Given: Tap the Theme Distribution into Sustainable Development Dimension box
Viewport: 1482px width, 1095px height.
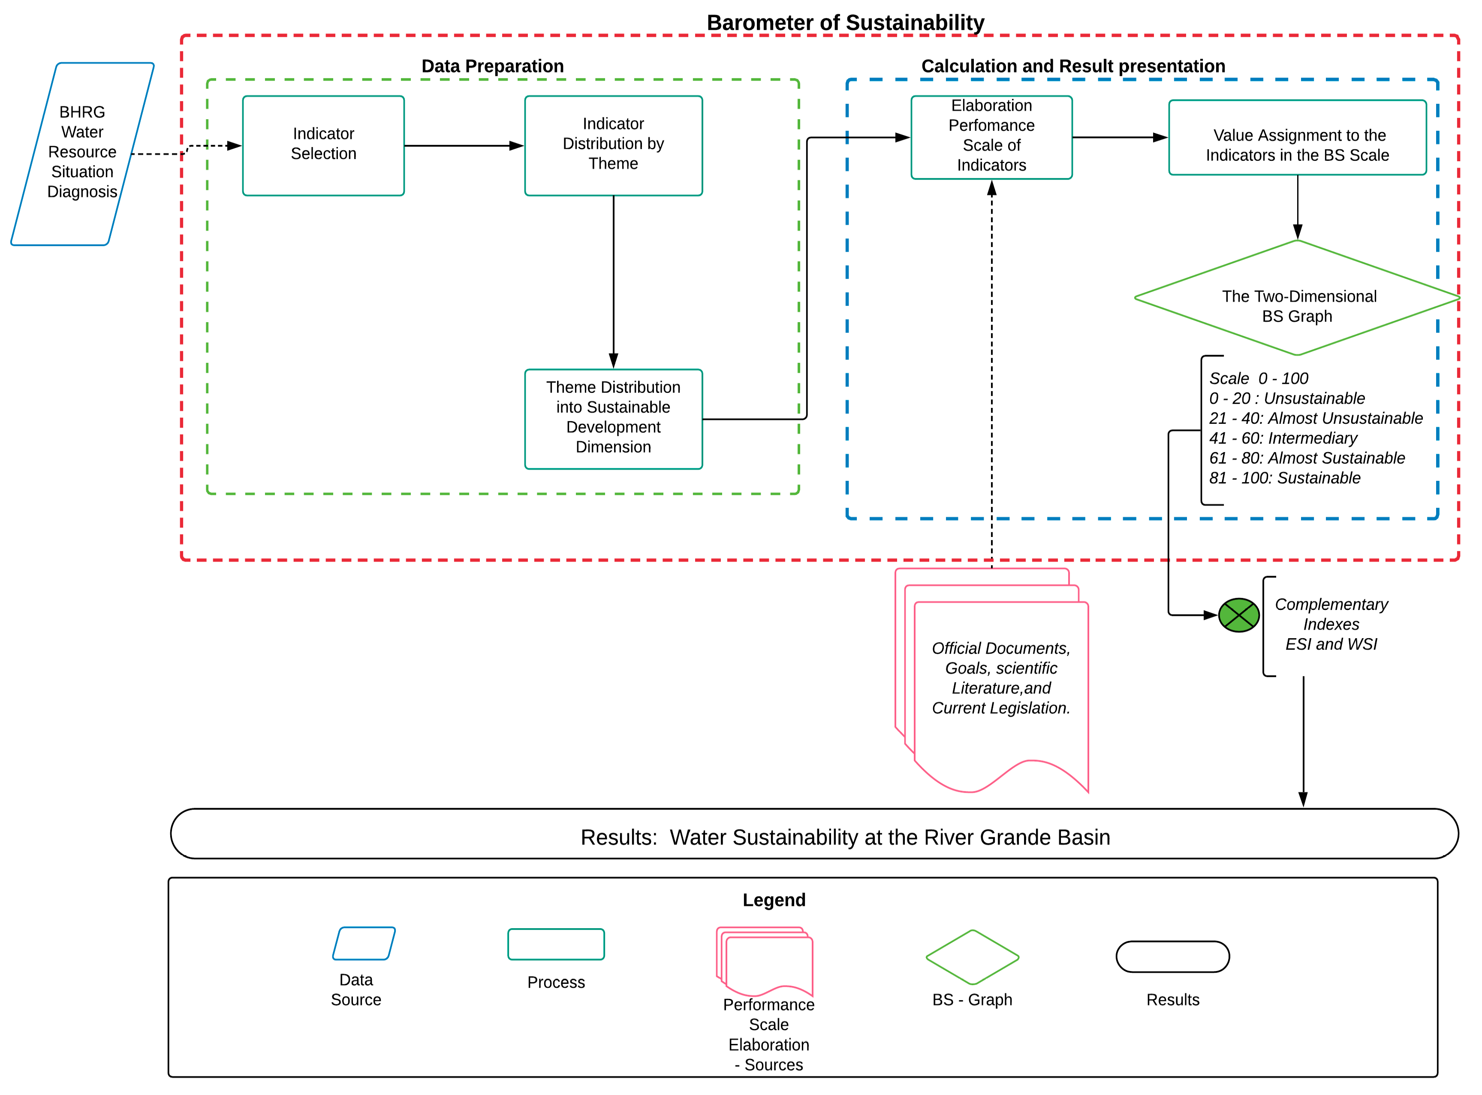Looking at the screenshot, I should pyautogui.click(x=613, y=419).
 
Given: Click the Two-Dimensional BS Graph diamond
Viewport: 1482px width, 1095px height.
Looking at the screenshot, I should pyautogui.click(x=1297, y=298).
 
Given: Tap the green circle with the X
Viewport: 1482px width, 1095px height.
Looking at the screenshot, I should pyautogui.click(x=1239, y=615).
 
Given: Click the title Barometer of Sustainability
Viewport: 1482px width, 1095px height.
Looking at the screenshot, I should pyautogui.click(x=845, y=23).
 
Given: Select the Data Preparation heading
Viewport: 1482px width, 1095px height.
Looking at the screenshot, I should pyautogui.click(x=492, y=66).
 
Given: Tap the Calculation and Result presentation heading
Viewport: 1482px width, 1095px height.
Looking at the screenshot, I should pyautogui.click(x=1073, y=66).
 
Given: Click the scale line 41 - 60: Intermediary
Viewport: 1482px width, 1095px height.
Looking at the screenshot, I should pyautogui.click(x=1283, y=438).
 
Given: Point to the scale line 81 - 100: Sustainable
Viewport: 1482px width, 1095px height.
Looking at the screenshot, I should pyautogui.click(x=1284, y=478).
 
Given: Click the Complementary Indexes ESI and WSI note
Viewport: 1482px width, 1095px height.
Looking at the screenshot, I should pyautogui.click(x=1331, y=624).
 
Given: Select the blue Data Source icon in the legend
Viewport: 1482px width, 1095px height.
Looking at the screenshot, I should pyautogui.click(x=364, y=943).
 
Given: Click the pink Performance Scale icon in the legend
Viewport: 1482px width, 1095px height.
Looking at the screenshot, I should pyautogui.click(x=765, y=962).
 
